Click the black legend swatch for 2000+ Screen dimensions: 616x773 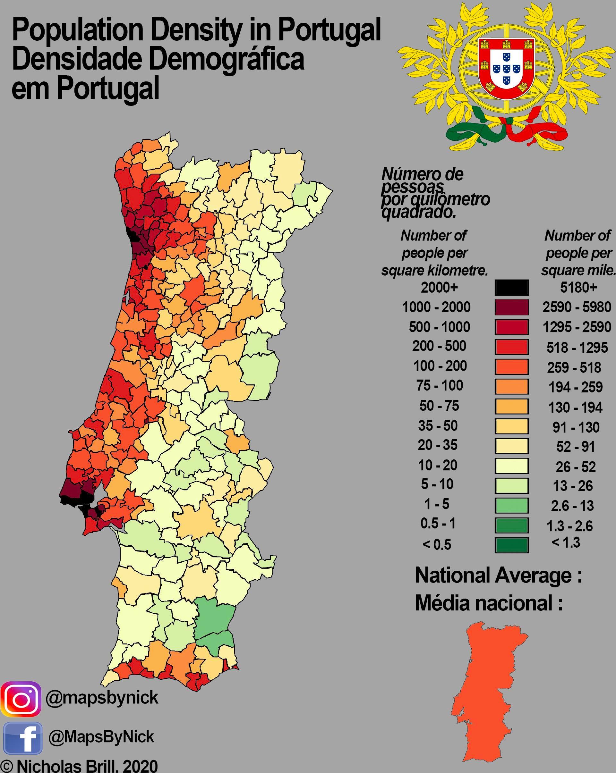click(511, 288)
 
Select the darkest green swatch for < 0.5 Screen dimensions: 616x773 click(511, 545)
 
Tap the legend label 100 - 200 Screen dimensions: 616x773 click(440, 366)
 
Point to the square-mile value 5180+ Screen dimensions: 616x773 click(578, 288)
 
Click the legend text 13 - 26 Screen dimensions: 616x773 click(574, 486)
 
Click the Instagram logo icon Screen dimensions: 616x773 click(21, 699)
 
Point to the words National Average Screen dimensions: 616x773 click(498, 576)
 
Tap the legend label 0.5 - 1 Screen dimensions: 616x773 click(438, 524)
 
